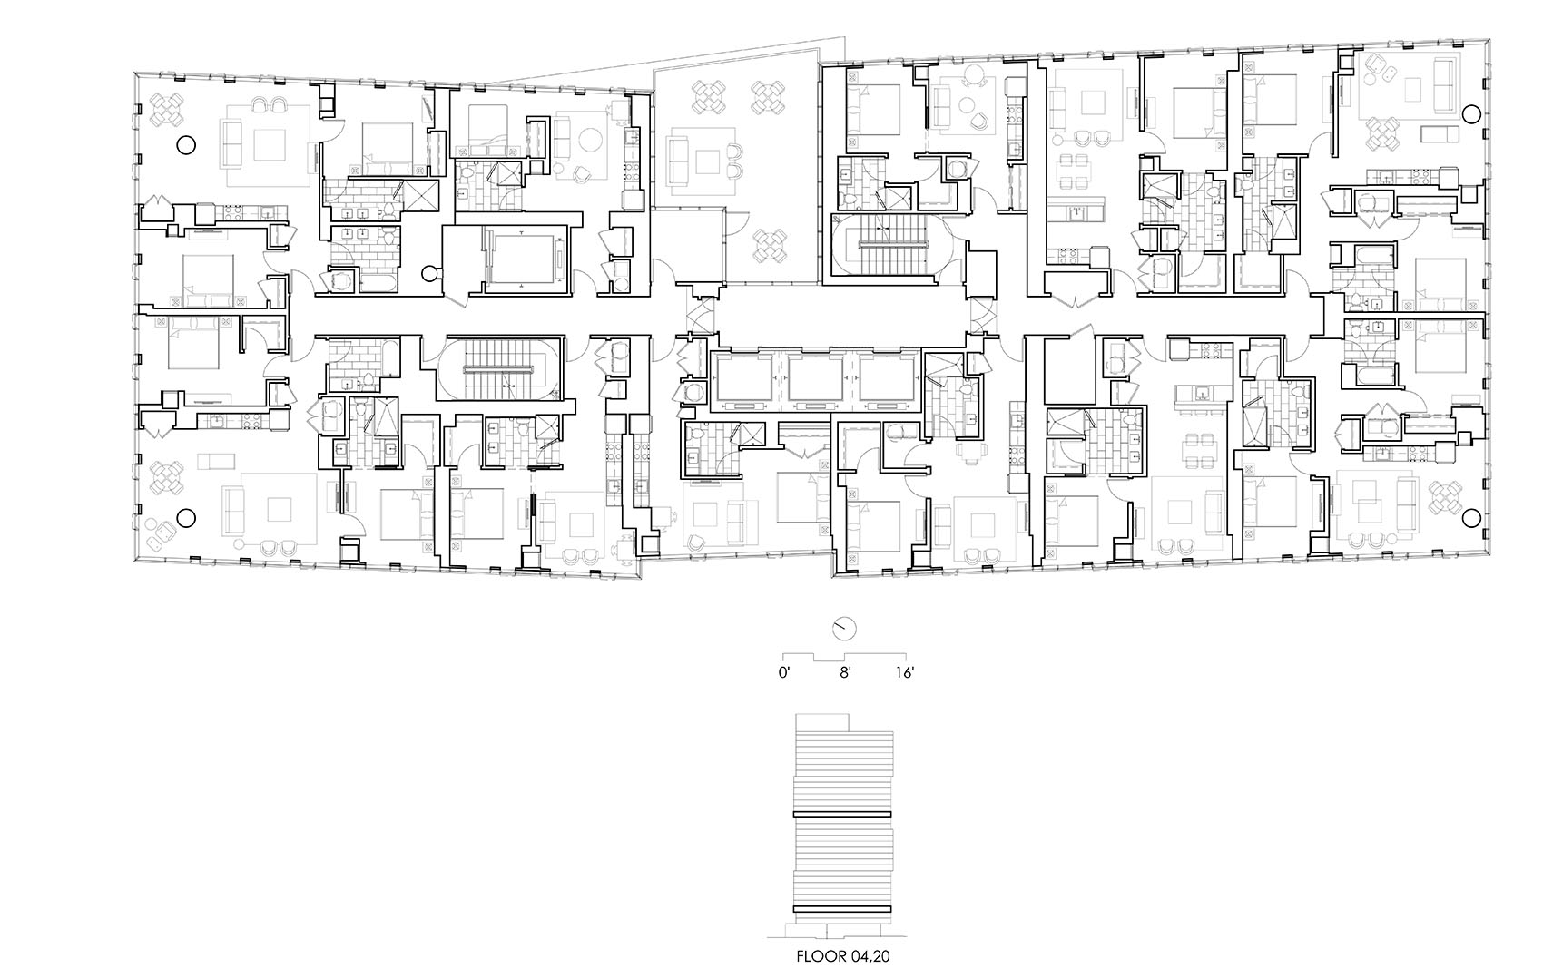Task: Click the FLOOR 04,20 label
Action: click(842, 955)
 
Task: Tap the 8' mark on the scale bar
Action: click(845, 673)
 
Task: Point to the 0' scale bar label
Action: click(785, 673)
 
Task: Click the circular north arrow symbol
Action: click(844, 628)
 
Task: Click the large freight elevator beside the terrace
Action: click(522, 259)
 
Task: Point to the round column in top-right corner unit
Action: click(1469, 112)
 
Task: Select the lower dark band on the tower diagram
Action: click(843, 909)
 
